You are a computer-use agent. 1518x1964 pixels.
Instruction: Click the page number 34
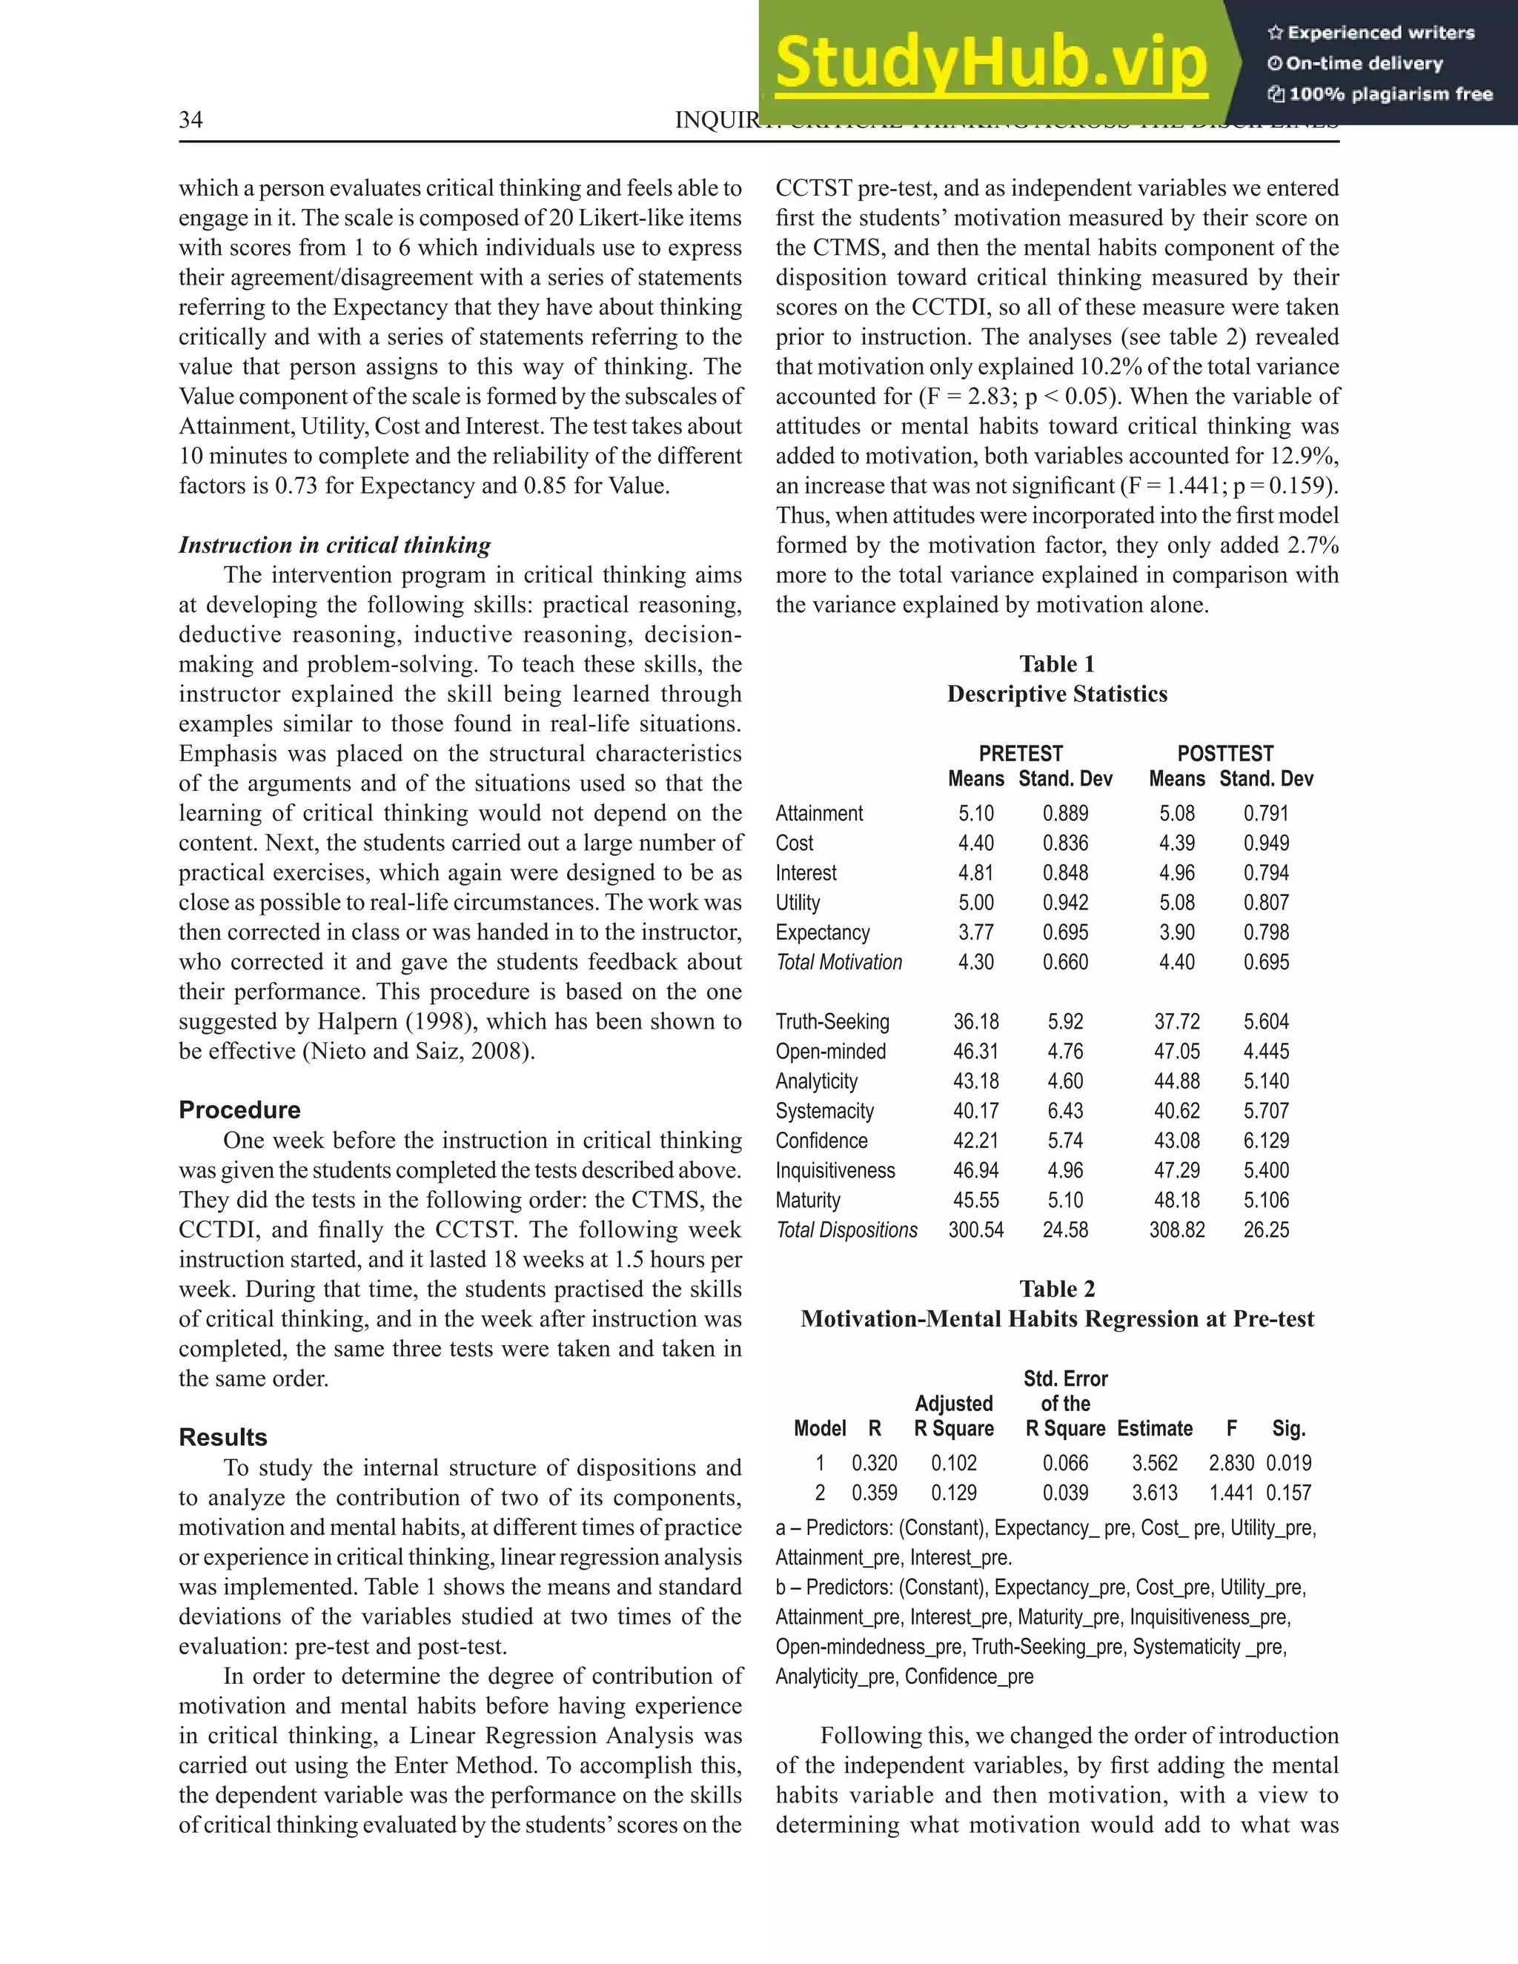(x=190, y=121)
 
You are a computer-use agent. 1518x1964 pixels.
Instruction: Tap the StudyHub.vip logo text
(x=990, y=64)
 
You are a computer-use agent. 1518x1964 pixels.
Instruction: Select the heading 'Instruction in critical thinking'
(x=334, y=545)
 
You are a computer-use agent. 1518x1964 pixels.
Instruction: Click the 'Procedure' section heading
(x=239, y=1109)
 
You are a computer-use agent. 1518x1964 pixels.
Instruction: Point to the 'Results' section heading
(x=222, y=1437)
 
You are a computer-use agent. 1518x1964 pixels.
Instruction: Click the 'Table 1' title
(x=1057, y=663)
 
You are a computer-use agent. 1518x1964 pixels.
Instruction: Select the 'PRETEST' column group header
(x=1021, y=754)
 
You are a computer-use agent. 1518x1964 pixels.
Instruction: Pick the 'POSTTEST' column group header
(x=1224, y=754)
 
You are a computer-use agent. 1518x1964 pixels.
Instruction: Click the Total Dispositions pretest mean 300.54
(x=975, y=1230)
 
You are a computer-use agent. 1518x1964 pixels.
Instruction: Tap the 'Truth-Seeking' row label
(x=832, y=1021)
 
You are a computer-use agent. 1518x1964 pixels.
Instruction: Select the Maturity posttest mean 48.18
(x=1176, y=1200)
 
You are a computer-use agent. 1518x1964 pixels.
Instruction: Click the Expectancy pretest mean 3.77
(x=975, y=932)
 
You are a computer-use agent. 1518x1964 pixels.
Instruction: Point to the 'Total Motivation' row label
(x=838, y=962)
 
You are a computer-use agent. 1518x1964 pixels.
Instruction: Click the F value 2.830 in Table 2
(x=1230, y=1463)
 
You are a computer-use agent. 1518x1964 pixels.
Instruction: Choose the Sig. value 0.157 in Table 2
(x=1289, y=1493)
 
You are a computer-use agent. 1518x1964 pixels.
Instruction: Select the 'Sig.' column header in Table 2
(x=1289, y=1428)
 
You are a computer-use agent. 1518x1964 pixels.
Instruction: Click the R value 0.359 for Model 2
(x=874, y=1493)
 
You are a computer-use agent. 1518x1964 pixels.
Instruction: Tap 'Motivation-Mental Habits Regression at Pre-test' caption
(x=1057, y=1318)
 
